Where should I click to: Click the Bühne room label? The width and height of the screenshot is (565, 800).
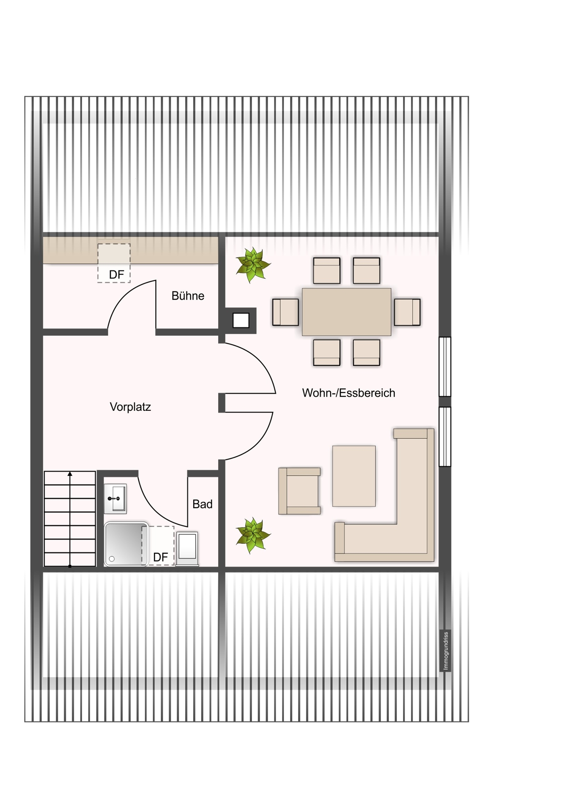188,296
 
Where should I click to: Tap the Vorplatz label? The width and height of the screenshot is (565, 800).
130,407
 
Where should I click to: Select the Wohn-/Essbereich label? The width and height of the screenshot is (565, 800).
348,393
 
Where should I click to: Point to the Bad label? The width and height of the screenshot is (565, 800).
202,504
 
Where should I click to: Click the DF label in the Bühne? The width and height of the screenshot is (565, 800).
117,275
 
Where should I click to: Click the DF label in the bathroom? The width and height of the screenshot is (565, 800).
160,557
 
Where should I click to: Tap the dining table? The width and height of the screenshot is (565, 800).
346,312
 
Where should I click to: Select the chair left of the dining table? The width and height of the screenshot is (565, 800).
286,312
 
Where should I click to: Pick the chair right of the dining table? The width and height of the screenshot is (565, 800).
407,312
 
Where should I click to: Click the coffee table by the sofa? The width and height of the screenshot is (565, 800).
354,476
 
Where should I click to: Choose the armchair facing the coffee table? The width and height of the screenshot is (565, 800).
299,491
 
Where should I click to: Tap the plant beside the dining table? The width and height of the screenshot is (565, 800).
253,265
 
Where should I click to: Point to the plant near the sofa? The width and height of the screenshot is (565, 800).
253,535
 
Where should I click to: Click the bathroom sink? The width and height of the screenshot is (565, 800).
115,498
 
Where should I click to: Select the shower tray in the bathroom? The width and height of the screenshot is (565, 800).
126,544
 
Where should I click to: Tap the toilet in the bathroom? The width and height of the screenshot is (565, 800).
187,548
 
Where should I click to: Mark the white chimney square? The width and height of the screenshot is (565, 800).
241,320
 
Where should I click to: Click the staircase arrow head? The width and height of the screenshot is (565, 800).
70,474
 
